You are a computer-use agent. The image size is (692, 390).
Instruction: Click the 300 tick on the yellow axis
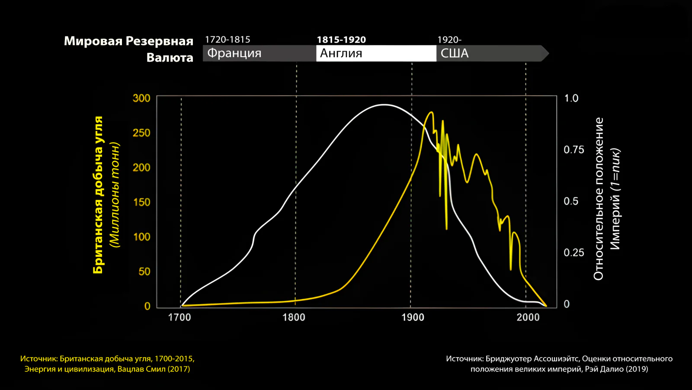141,98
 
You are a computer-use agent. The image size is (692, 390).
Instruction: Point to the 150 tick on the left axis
141,202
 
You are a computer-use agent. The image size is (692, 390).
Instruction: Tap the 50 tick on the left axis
144,272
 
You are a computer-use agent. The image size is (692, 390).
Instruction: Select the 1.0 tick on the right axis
571,98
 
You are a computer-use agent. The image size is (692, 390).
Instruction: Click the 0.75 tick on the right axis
573,150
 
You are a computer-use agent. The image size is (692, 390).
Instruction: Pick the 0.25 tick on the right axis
573,253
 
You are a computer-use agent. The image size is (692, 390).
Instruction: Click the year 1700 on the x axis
179,317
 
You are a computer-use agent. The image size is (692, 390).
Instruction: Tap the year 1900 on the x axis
413,317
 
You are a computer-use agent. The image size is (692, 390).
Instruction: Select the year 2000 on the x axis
528,317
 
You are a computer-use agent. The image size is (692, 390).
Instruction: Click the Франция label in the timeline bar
234,53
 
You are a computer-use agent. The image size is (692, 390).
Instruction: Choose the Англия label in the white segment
341,53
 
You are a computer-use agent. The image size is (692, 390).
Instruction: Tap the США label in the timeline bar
455,53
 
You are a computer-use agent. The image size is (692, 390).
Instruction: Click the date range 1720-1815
227,39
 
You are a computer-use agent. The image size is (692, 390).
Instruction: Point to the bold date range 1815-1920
341,39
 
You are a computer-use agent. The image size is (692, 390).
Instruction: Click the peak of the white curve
384,105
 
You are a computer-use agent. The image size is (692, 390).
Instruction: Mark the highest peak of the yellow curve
431,112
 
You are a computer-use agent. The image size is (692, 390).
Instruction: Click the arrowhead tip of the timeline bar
549,53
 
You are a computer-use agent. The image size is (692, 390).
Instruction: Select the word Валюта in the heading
170,58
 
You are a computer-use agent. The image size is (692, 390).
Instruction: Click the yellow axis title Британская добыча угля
98,195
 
